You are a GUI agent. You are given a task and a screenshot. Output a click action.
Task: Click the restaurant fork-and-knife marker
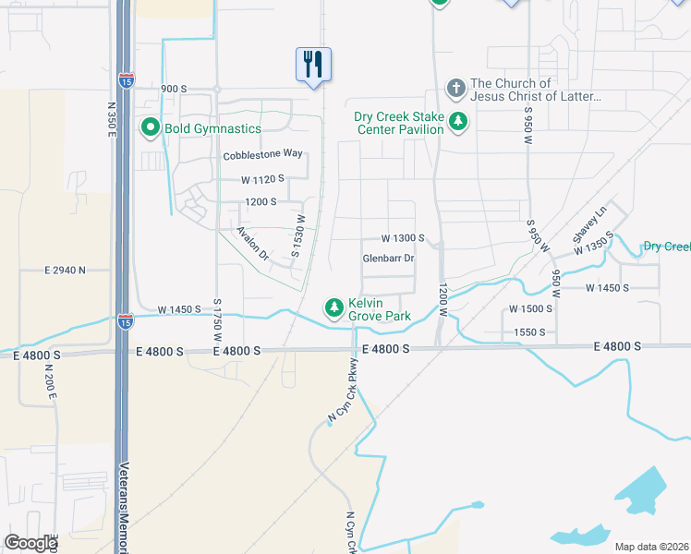click(x=313, y=65)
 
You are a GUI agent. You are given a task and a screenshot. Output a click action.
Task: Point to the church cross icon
click(x=455, y=89)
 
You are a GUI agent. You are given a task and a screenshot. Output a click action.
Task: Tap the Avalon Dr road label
click(x=251, y=243)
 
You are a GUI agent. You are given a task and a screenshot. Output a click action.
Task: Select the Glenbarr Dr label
click(x=388, y=258)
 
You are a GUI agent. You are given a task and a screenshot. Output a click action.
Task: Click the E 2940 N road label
click(x=65, y=270)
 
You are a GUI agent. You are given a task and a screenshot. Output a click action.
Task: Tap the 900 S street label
click(x=174, y=89)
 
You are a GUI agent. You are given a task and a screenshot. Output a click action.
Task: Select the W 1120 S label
click(x=262, y=178)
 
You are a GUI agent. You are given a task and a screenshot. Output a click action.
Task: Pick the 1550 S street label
click(x=529, y=331)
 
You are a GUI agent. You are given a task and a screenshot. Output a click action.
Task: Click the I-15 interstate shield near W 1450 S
click(x=125, y=321)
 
